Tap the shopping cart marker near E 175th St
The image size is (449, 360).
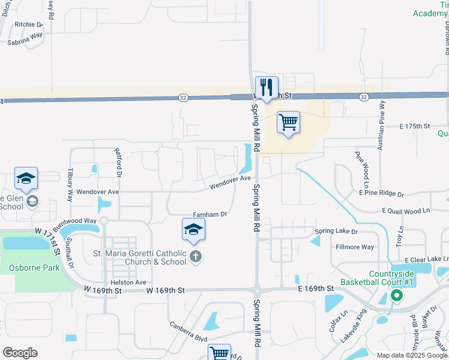(289, 122)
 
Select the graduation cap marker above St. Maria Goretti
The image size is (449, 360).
(194, 229)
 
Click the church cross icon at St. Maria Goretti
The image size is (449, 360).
(195, 257)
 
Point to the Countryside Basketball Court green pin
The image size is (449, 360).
(396, 295)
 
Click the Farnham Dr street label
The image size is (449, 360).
(210, 214)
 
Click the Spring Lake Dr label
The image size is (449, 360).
(336, 232)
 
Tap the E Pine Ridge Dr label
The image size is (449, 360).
(381, 194)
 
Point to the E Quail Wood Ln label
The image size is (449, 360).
(406, 211)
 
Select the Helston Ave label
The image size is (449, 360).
(128, 282)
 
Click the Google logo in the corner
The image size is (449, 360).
(20, 353)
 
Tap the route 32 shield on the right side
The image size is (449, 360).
(364, 97)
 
